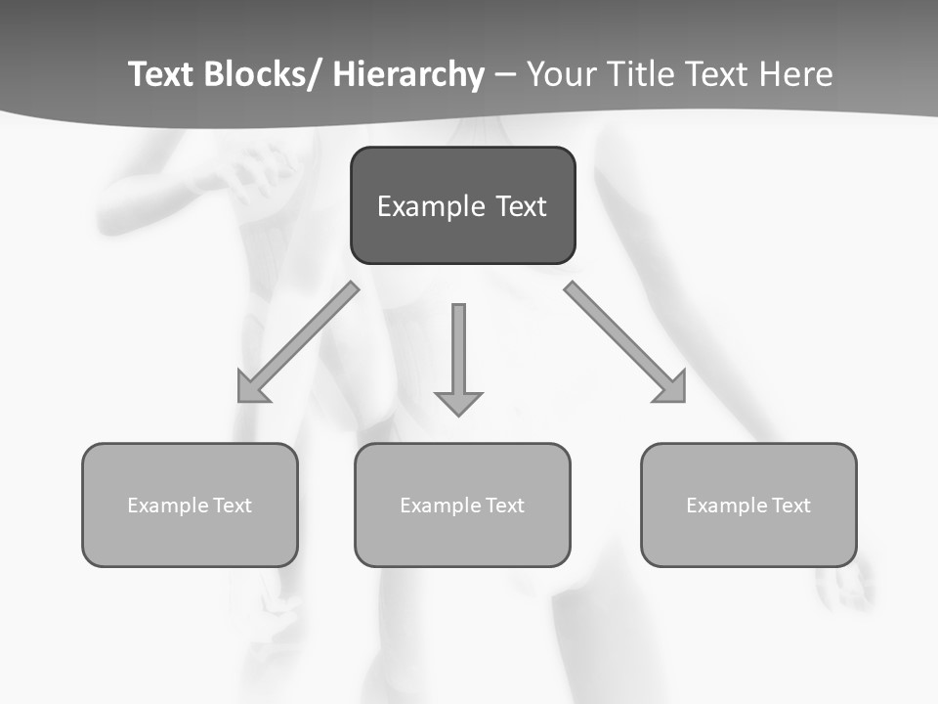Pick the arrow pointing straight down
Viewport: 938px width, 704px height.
[x=458, y=357]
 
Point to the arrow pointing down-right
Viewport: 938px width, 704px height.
[x=626, y=343]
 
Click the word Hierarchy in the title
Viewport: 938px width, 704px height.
[x=407, y=74]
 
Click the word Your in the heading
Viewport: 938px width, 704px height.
[x=562, y=74]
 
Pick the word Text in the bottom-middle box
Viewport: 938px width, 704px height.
[x=502, y=506]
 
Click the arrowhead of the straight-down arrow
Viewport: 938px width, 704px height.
[x=458, y=403]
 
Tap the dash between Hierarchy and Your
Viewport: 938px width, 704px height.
[x=504, y=75]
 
